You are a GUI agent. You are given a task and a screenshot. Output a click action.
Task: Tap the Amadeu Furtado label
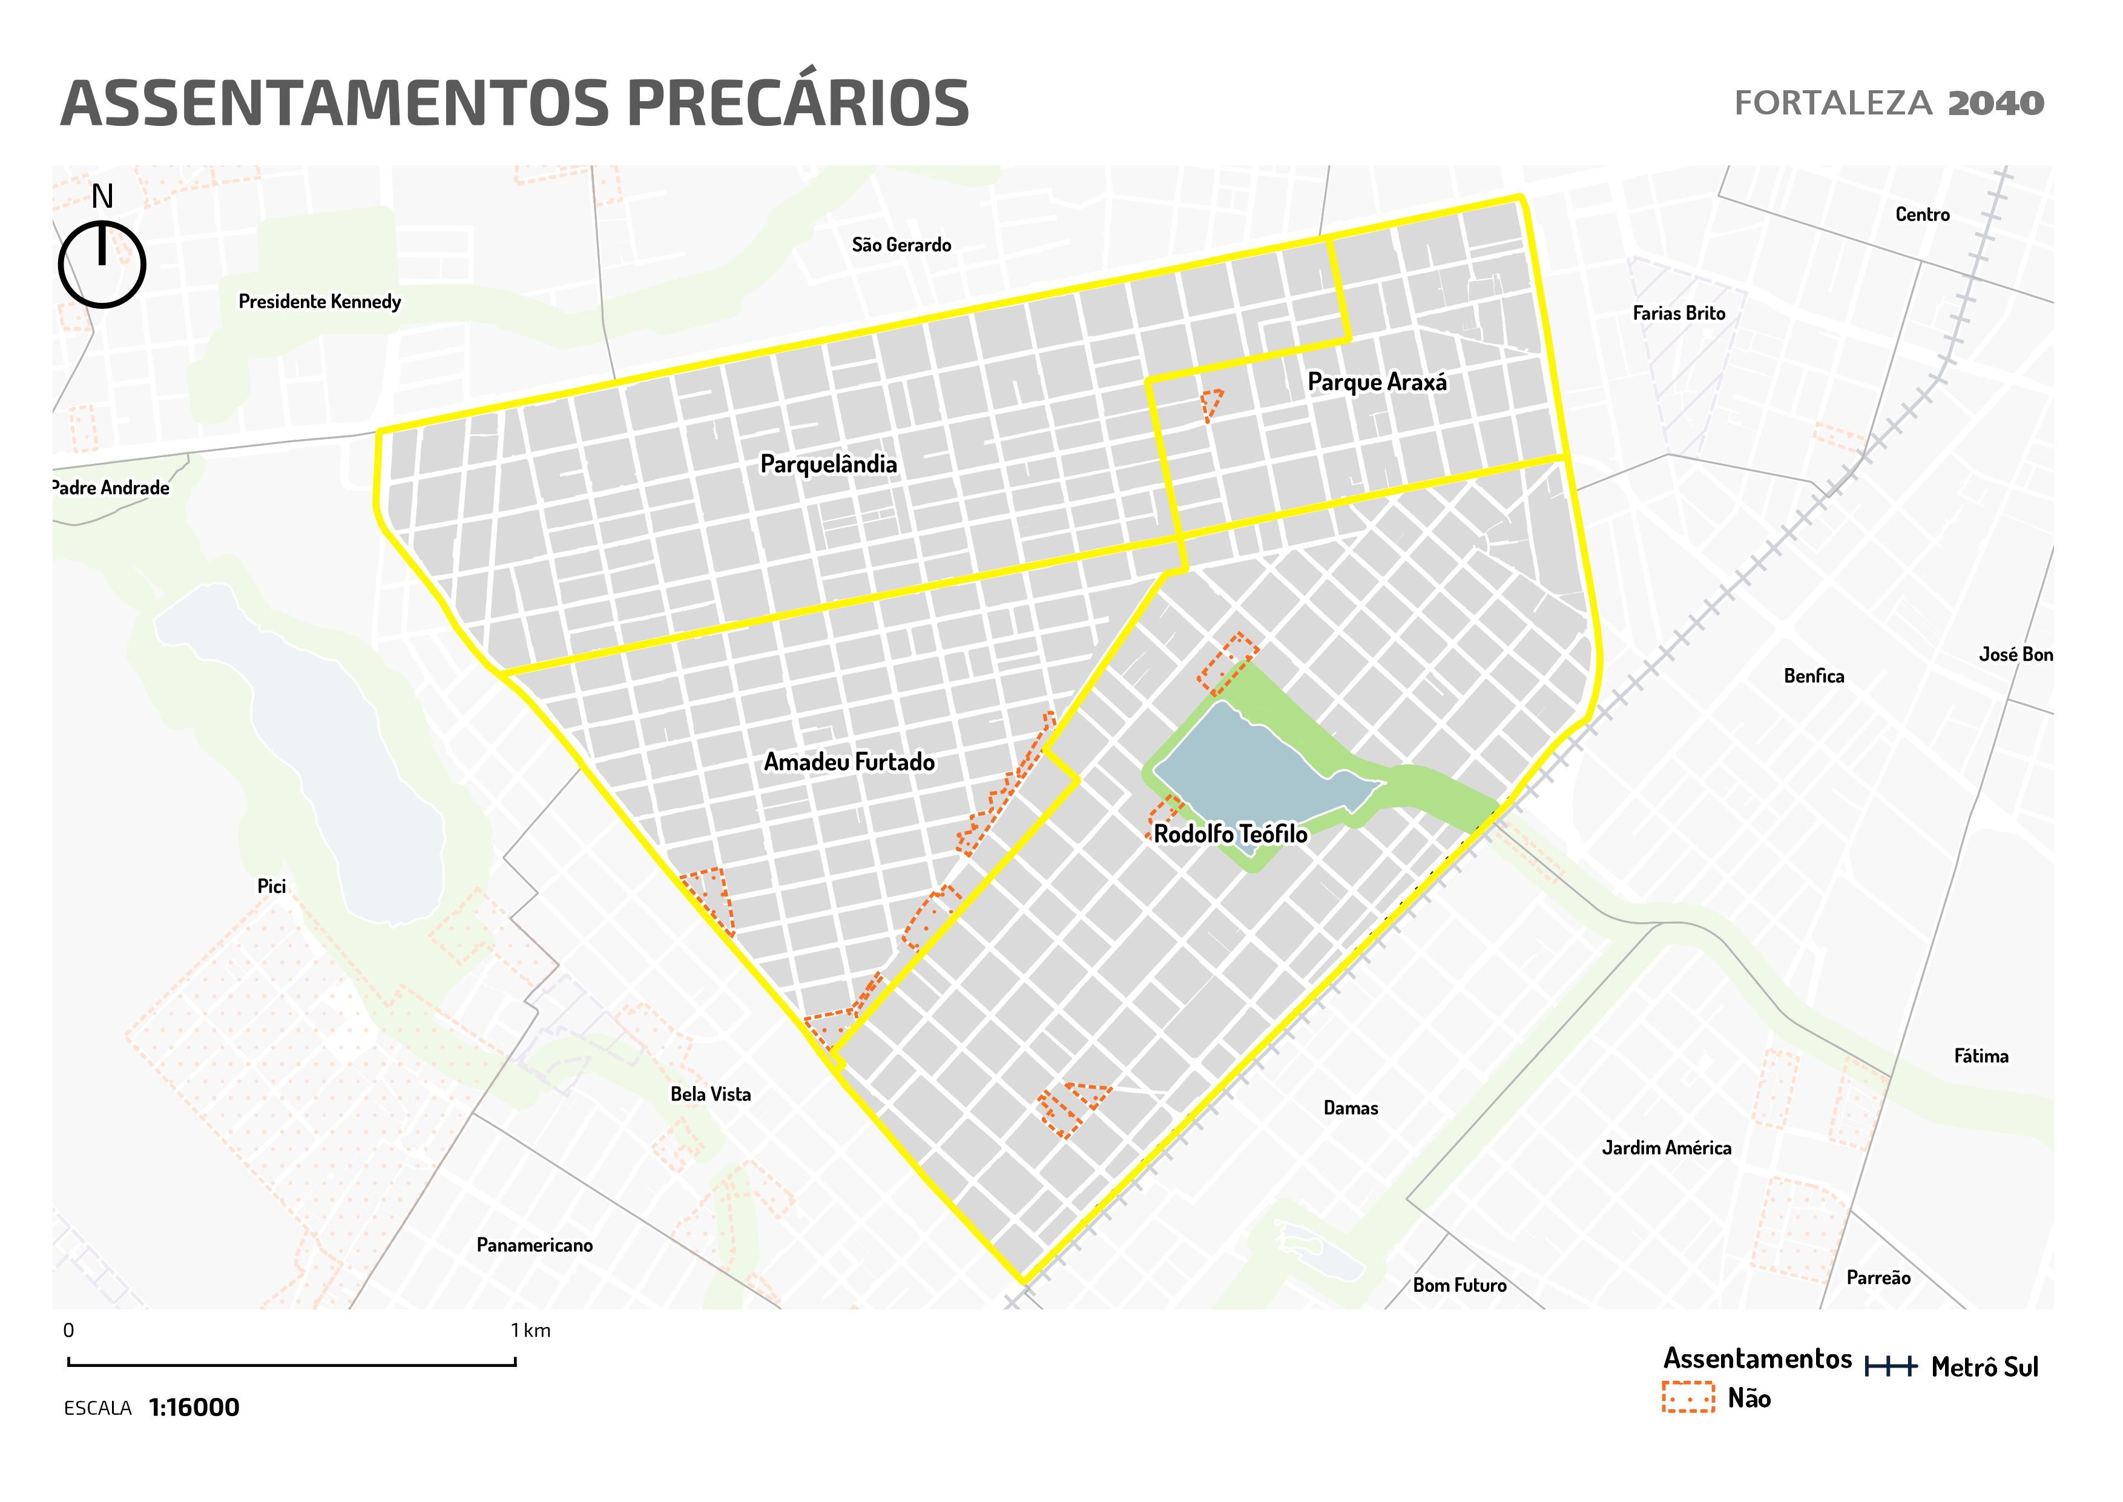coord(848,761)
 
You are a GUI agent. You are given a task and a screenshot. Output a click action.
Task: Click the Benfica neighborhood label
coord(1813,675)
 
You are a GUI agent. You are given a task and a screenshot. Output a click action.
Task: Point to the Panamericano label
coord(535,1244)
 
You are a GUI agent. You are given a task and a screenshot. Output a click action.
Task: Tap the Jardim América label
coord(1666,1147)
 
